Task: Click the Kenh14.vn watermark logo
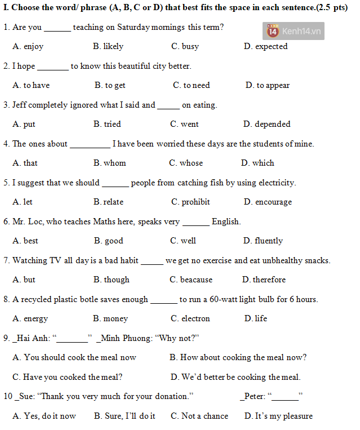[x=293, y=31]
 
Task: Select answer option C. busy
[x=185, y=47]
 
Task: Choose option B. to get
[x=110, y=86]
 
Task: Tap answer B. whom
[x=109, y=163]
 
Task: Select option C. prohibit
[x=190, y=202]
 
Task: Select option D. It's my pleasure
[x=278, y=416]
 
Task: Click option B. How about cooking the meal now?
[x=238, y=358]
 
